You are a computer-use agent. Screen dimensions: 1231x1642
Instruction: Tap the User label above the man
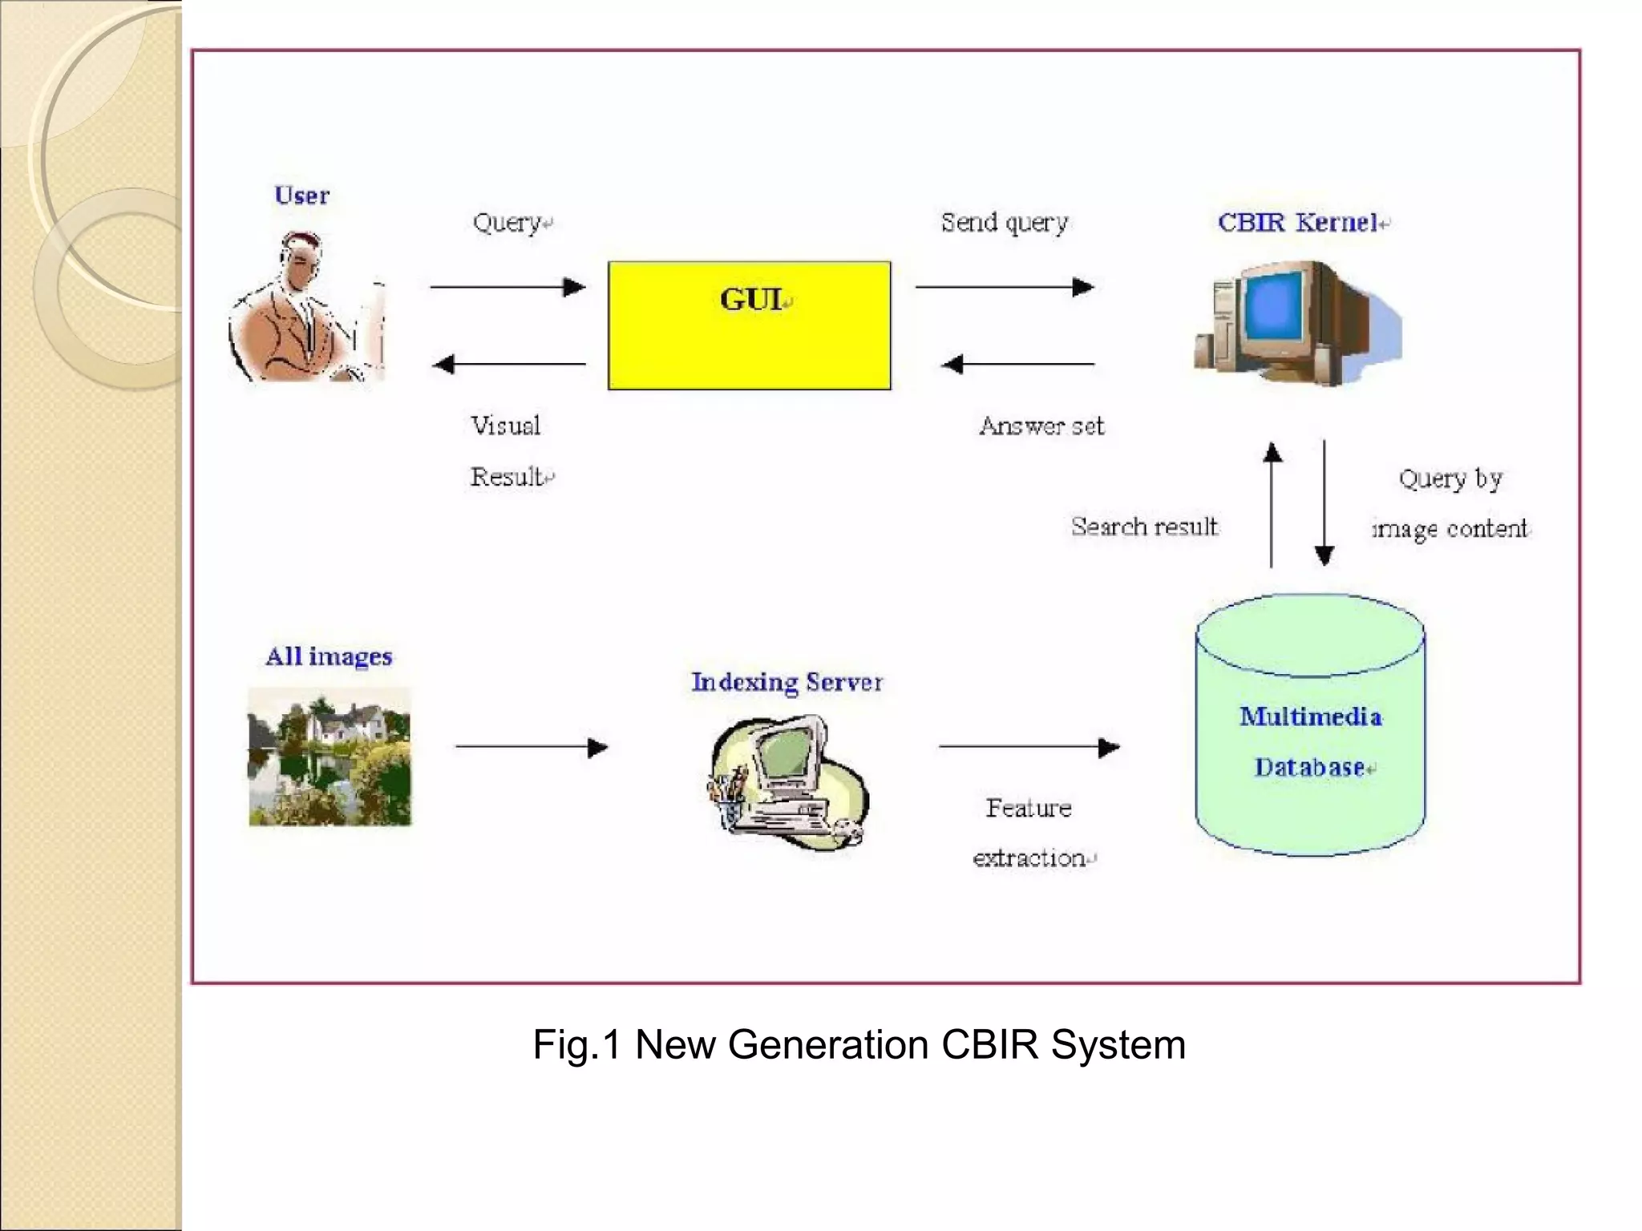[301, 196]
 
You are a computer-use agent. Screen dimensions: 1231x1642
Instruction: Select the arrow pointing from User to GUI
[508, 287]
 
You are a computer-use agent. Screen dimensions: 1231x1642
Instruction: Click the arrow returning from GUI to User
[509, 365]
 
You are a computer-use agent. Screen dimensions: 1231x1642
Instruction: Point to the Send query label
[1004, 222]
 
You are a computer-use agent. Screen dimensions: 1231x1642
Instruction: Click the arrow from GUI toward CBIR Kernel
[1004, 287]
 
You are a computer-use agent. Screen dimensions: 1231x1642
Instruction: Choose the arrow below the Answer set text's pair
[1018, 365]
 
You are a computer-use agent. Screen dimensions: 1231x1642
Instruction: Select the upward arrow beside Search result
[1272, 505]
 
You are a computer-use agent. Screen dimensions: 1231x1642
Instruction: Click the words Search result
[1144, 527]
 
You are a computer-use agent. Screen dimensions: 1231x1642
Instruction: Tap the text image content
[1450, 529]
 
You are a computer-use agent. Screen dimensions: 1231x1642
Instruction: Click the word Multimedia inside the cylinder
[1310, 716]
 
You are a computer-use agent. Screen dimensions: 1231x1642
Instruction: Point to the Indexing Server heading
[787, 682]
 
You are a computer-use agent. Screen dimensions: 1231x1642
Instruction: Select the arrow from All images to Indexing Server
[532, 748]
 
